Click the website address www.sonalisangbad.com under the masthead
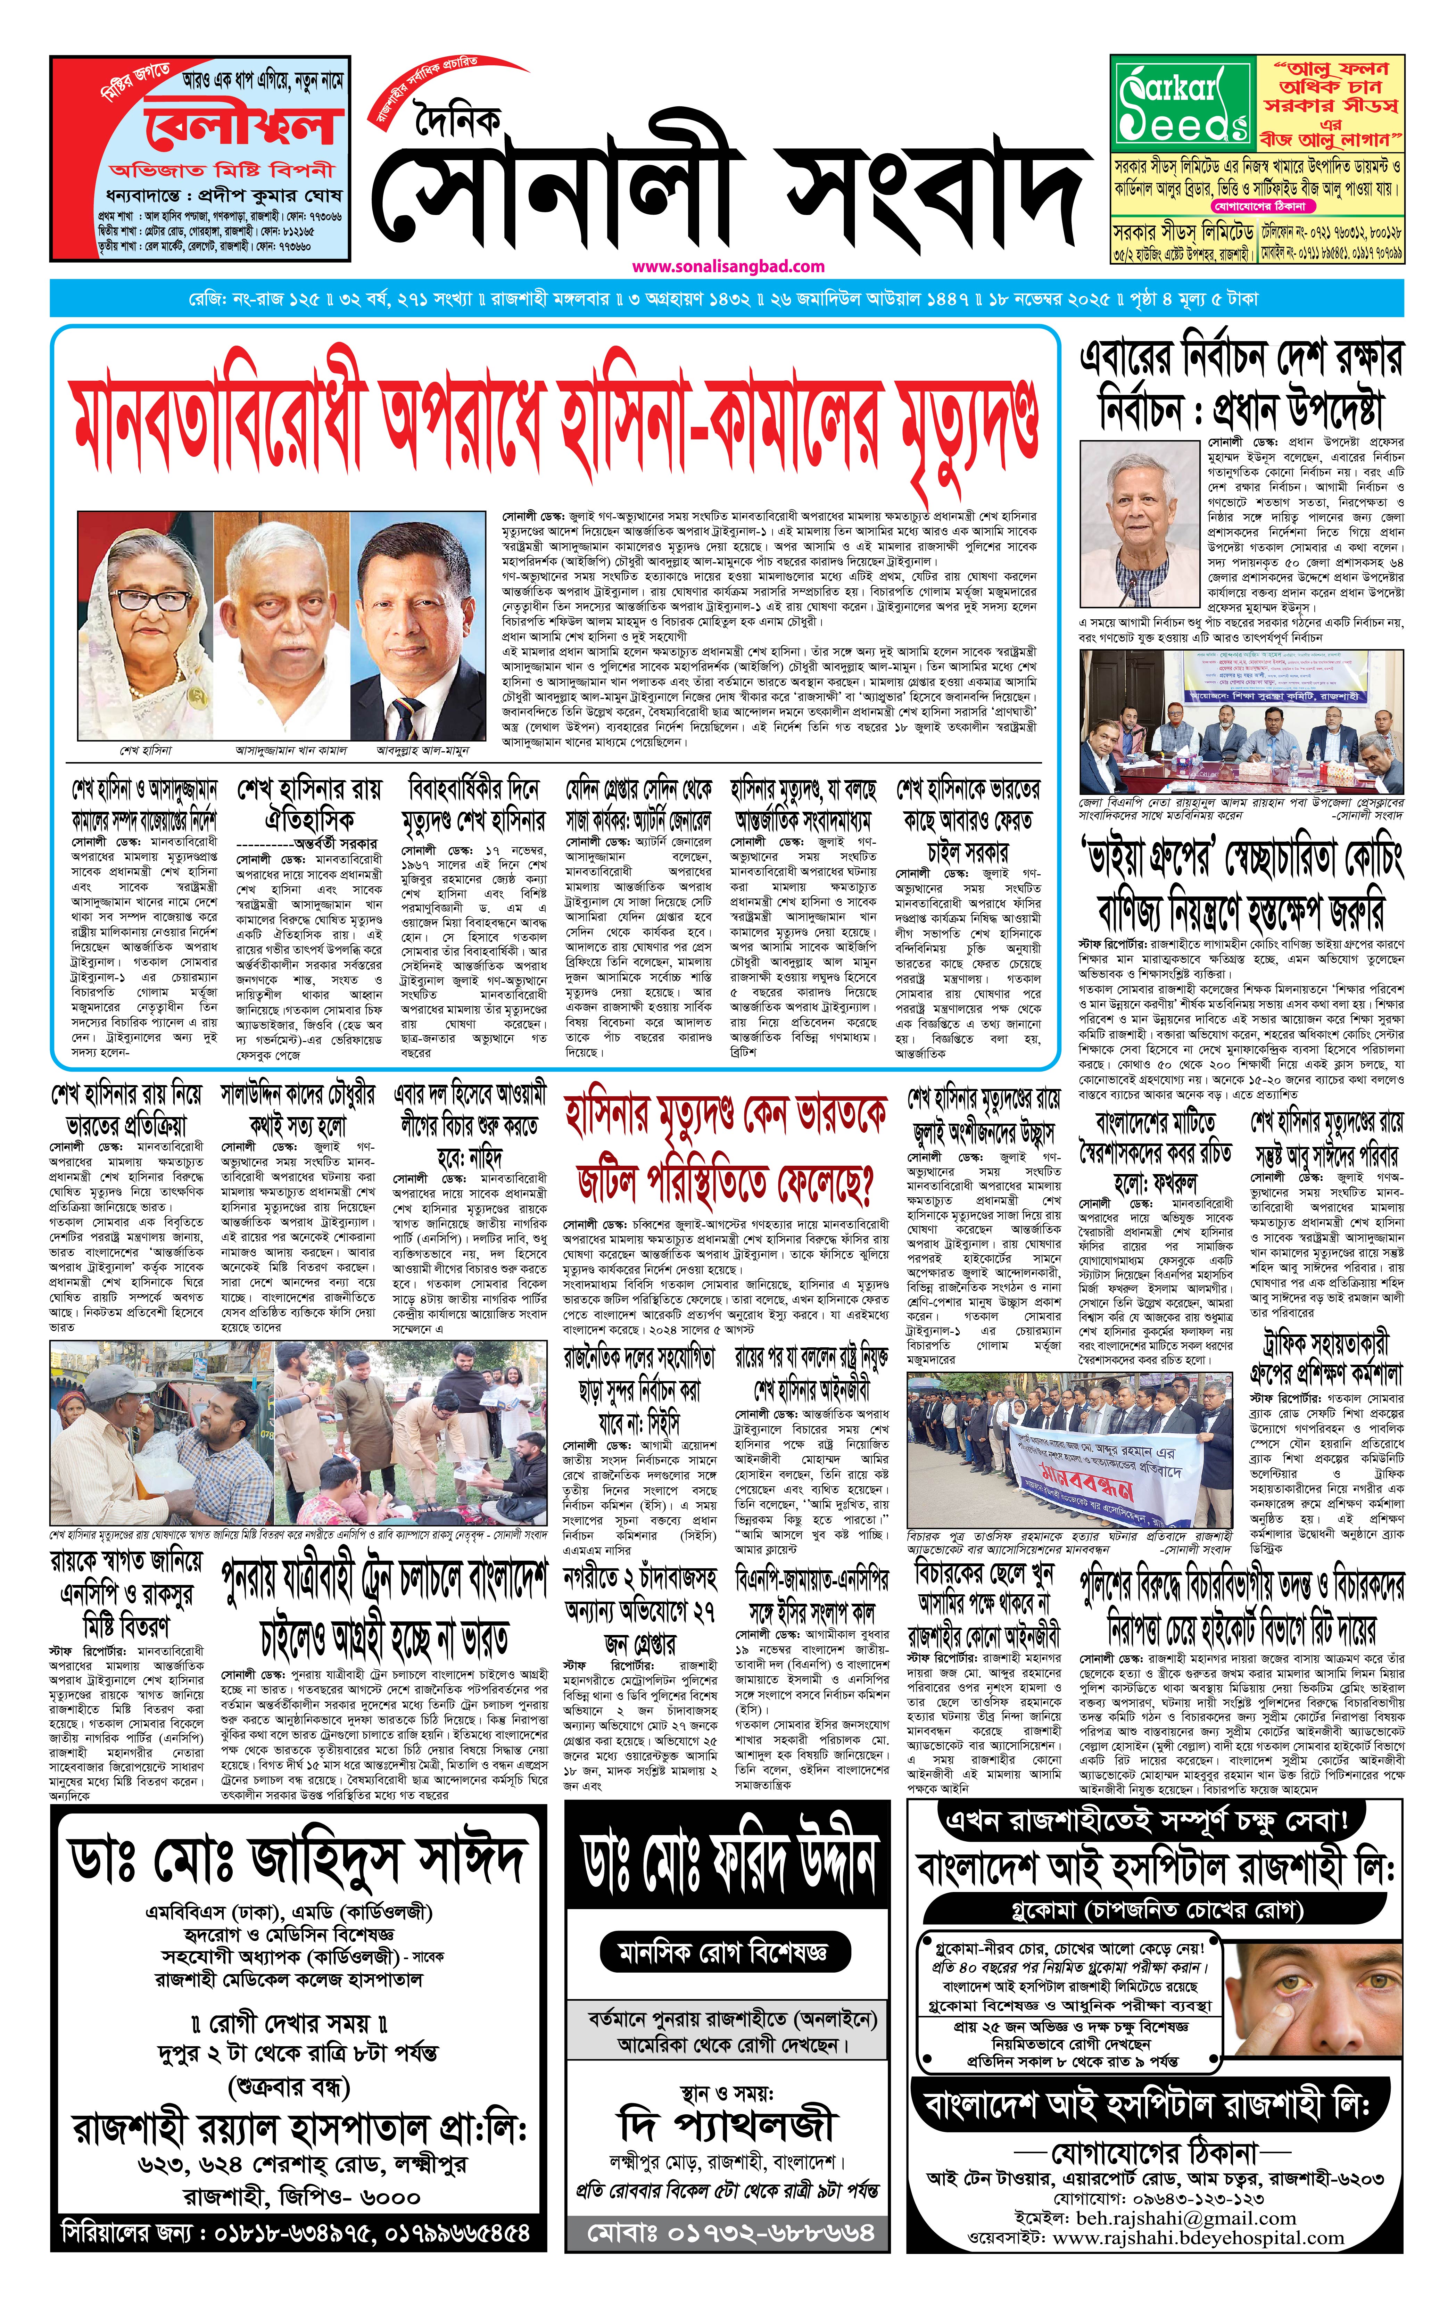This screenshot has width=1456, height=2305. coord(728,266)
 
